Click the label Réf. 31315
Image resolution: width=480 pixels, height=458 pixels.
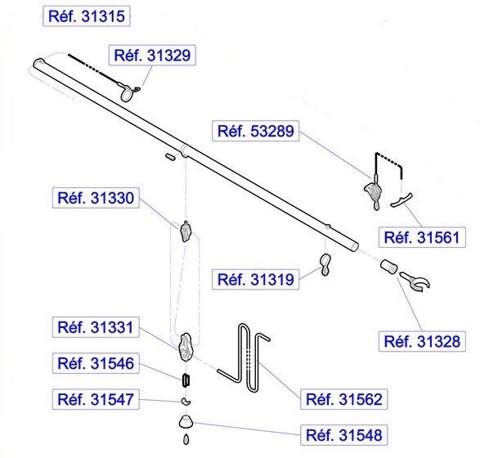[87, 16]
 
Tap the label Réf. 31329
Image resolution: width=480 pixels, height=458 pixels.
[152, 55]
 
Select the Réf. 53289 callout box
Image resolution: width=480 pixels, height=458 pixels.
[256, 131]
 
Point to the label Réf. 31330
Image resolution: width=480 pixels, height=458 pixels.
[96, 198]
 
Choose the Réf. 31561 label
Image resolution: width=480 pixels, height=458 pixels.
[422, 237]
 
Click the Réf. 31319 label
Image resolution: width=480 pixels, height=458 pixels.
[256, 279]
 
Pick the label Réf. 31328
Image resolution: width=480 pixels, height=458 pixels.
[422, 341]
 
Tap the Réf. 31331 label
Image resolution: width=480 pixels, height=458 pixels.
[96, 327]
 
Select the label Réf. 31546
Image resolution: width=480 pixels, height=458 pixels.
[96, 363]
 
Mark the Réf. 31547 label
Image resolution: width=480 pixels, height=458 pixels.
[96, 400]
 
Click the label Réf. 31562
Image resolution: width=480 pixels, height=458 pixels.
[344, 399]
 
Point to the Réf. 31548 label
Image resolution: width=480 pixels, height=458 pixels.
[344, 435]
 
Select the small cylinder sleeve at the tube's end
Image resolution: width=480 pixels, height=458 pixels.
[388, 267]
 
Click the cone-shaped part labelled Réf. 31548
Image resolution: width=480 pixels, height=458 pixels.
[186, 422]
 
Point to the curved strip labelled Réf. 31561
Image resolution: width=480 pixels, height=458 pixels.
[401, 200]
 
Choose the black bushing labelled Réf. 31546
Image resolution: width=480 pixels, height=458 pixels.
[186, 380]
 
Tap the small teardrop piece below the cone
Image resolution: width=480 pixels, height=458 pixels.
[186, 440]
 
